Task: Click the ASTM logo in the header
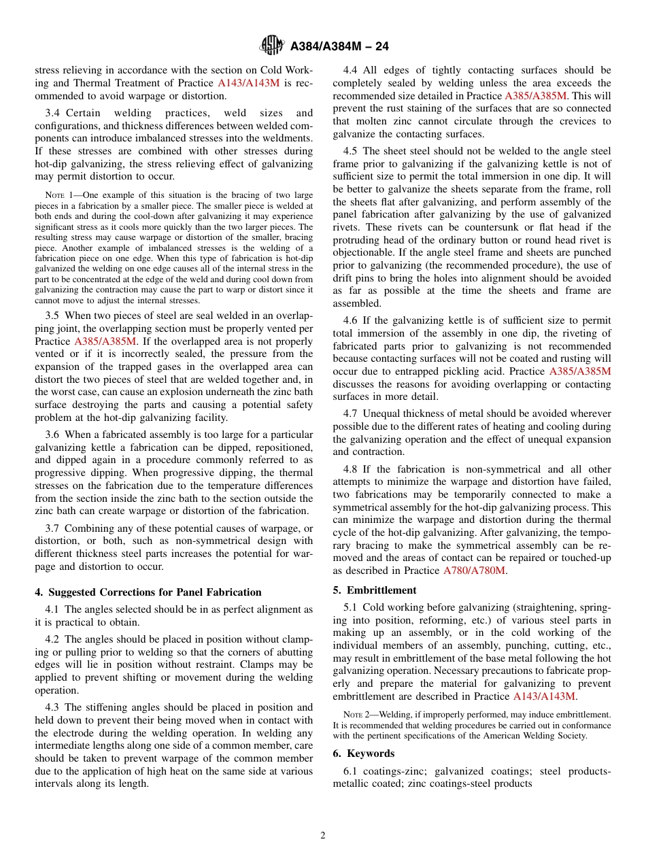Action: pos(272,46)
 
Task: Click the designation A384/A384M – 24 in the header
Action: pos(339,47)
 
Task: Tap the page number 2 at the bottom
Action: pos(323,836)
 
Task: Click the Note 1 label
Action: pos(58,195)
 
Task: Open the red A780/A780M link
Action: pos(474,571)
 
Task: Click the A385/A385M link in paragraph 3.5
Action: pos(105,341)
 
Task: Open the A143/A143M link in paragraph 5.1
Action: pos(544,696)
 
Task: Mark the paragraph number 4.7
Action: pos(351,413)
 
